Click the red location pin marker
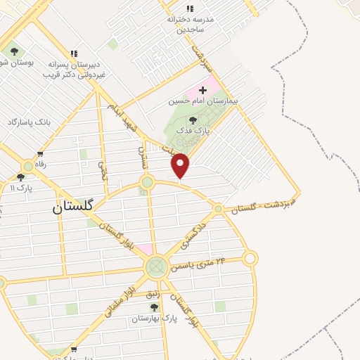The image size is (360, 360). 181,165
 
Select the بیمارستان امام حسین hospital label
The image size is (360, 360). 203,101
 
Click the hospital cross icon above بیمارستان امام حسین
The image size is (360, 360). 203,90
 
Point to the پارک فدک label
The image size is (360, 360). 193,131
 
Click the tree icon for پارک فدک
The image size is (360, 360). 193,121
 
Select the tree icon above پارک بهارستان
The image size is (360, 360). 154,307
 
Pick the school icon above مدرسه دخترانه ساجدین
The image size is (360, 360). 190,9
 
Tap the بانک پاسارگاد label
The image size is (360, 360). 30,122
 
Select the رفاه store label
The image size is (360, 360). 41,163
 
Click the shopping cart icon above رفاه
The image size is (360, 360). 41,154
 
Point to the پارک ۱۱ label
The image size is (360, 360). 21,188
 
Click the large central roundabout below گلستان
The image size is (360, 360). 156,267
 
